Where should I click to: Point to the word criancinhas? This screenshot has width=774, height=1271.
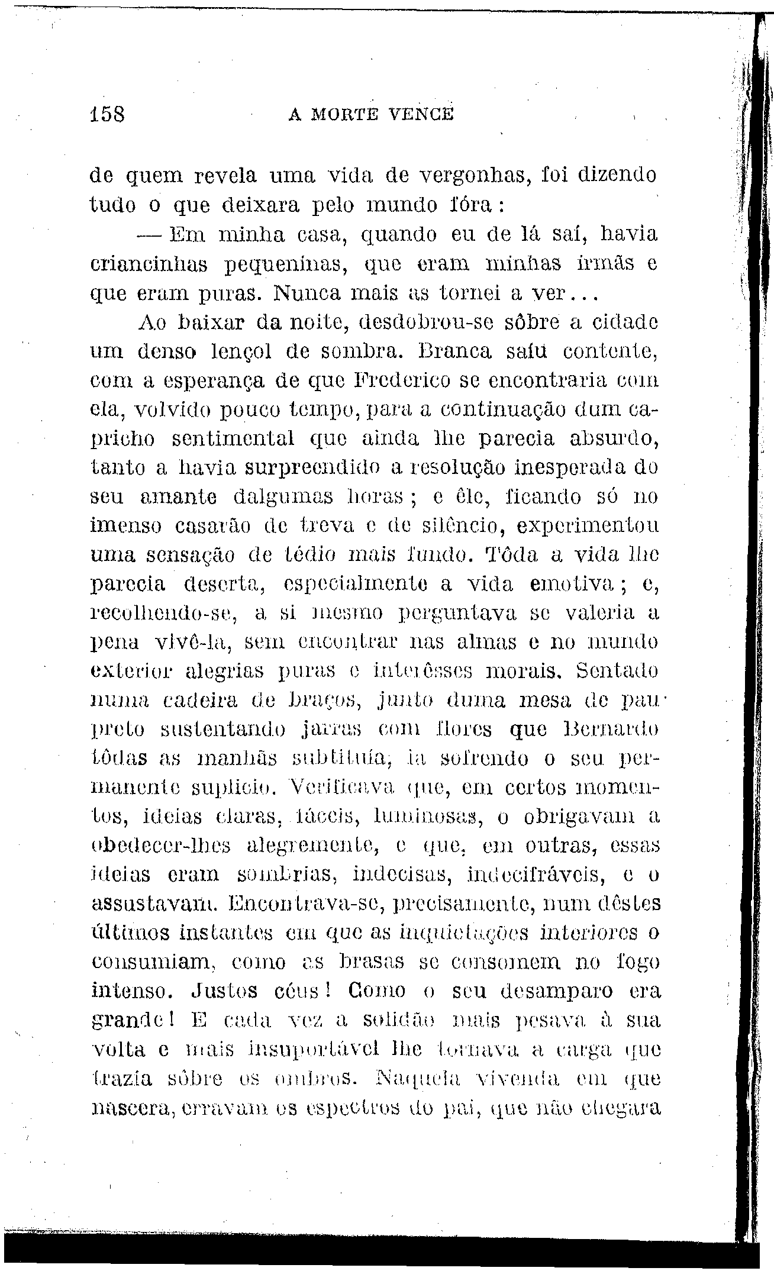(x=149, y=264)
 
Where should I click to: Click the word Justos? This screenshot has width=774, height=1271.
(x=227, y=990)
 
